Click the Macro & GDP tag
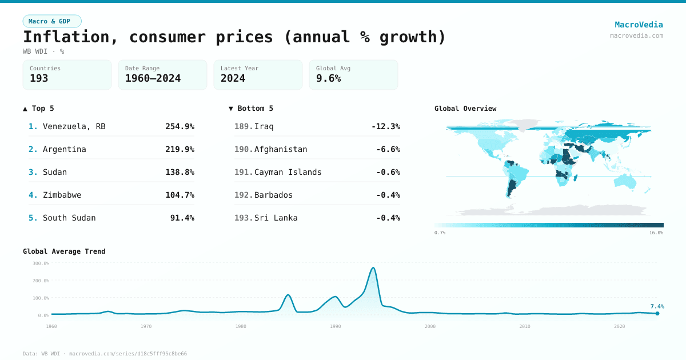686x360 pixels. click(52, 21)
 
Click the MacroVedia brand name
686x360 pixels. click(639, 25)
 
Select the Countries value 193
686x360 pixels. click(39, 79)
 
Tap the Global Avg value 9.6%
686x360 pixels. click(328, 79)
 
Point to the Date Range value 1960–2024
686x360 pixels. click(153, 79)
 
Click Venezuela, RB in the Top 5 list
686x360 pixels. click(74, 126)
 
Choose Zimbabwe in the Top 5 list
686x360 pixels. click(62, 195)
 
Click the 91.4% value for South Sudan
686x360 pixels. click(182, 218)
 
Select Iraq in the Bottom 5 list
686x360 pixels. click(264, 126)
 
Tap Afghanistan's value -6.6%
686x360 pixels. click(388, 149)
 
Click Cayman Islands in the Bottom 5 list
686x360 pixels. click(288, 172)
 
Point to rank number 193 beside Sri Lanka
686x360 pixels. click(243, 218)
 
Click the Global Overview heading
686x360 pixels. click(465, 109)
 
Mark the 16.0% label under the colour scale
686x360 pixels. click(656, 233)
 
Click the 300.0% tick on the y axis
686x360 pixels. click(41, 263)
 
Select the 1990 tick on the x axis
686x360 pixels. click(336, 326)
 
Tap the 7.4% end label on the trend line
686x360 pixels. click(657, 306)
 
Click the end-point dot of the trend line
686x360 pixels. click(657, 313)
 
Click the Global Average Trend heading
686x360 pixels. click(64, 251)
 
